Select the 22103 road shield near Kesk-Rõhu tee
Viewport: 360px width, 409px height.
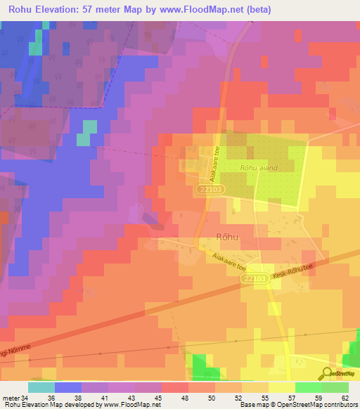[x=257, y=279]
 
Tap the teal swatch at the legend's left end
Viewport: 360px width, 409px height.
[x=41, y=387]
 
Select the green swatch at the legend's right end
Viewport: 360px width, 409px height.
[x=335, y=387]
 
